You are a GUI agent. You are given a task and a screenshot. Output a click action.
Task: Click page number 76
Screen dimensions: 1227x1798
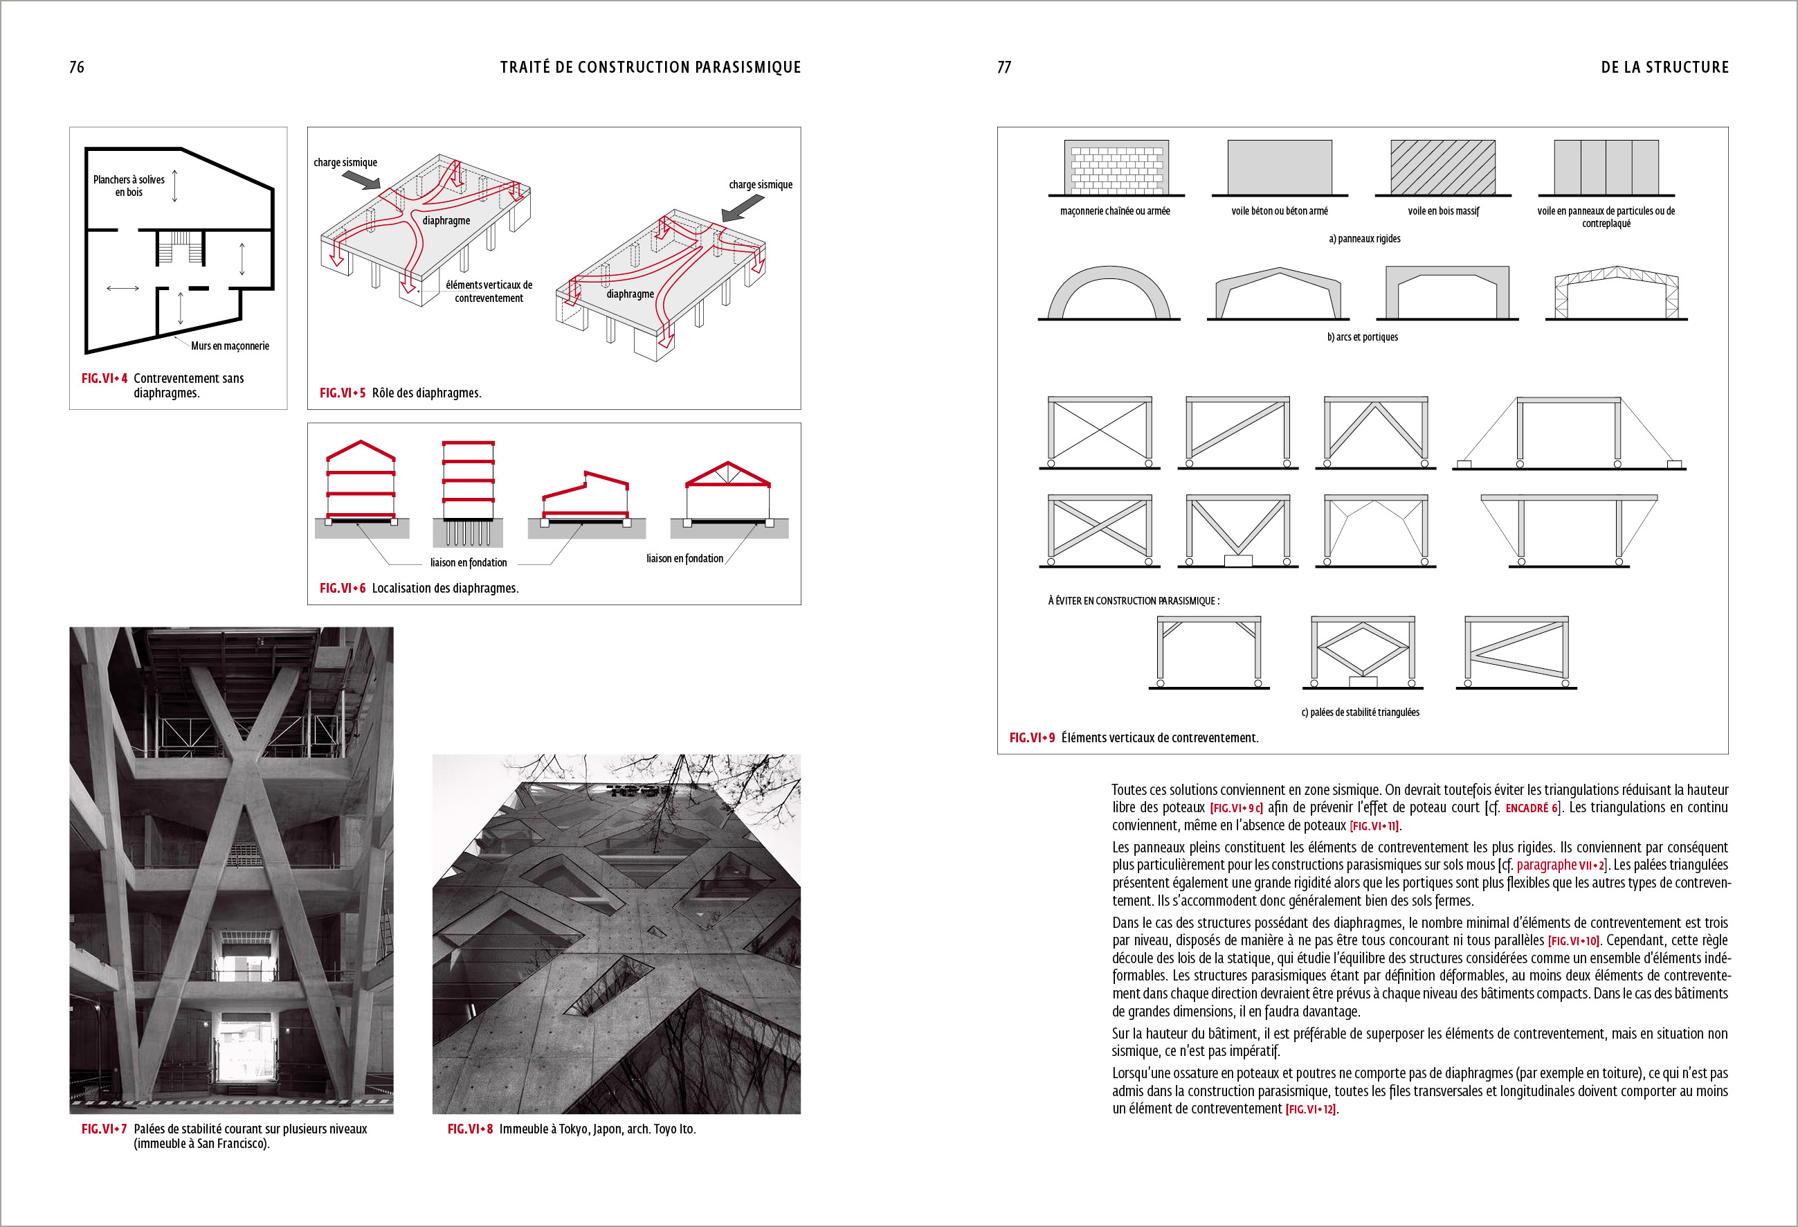tap(77, 67)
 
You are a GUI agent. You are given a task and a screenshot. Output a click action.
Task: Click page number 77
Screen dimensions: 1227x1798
tap(1004, 67)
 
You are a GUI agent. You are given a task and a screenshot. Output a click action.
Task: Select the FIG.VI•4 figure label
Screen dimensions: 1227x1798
tap(105, 379)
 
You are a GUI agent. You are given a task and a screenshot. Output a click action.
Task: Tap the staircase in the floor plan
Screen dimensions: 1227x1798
tap(180, 247)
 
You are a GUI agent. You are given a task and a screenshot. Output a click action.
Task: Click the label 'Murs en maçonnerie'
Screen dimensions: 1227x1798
tap(230, 346)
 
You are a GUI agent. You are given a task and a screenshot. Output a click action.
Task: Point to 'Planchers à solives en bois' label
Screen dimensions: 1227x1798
tap(129, 186)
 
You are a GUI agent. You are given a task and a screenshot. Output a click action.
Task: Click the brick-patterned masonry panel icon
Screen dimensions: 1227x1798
tap(1116, 167)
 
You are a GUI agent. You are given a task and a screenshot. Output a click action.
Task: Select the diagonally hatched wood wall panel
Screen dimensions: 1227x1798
tap(1442, 167)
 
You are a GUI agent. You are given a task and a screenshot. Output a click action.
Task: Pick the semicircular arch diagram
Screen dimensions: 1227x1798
tap(1109, 294)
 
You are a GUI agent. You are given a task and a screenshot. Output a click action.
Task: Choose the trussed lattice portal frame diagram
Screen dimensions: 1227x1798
tap(1616, 294)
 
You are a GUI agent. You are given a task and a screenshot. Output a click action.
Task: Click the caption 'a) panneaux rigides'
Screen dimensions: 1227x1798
tap(1364, 238)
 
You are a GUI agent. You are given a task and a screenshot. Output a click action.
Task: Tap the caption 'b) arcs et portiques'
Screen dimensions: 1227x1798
tap(1363, 337)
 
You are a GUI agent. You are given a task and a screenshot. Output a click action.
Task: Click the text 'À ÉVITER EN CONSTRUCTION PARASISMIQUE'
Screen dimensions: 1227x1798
tap(1134, 601)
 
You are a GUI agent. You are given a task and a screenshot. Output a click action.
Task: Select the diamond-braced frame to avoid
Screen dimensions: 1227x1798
tap(1363, 650)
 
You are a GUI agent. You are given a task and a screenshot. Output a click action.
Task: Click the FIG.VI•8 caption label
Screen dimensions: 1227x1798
tap(470, 1129)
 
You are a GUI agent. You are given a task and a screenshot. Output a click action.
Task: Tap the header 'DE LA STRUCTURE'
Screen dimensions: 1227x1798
tap(1664, 67)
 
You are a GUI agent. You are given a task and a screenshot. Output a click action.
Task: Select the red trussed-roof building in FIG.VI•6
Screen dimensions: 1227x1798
tap(728, 496)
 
